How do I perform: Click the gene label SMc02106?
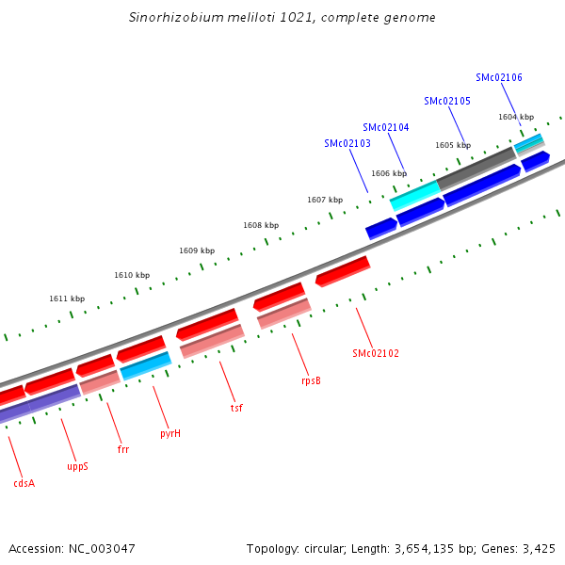click(499, 78)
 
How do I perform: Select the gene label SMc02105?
click(447, 101)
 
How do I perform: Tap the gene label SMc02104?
click(386, 127)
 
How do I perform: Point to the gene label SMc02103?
click(347, 144)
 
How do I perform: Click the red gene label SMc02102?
click(376, 354)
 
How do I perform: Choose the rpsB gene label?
click(311, 381)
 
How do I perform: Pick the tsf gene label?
click(236, 409)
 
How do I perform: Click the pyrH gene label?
click(170, 434)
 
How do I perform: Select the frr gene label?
click(123, 450)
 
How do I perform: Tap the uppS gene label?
click(77, 466)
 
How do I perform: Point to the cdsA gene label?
click(24, 483)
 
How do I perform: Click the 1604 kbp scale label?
click(516, 117)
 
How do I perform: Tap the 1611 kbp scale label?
click(67, 299)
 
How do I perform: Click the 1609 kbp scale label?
click(197, 250)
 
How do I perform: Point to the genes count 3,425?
click(538, 548)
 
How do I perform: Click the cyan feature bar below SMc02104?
click(415, 196)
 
